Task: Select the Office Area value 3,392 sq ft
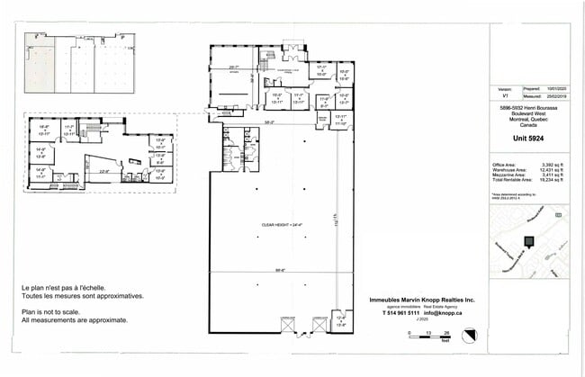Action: coord(546,165)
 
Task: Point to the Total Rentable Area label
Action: coord(509,181)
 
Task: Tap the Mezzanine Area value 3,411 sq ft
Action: coord(546,175)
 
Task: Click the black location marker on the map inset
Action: coord(528,240)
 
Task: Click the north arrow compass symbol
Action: coord(469,335)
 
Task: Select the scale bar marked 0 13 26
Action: coord(427,336)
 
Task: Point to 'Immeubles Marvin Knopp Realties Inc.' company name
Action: coord(423,300)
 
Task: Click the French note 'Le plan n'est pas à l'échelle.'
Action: coord(69,288)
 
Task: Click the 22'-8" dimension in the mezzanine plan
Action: coord(103,171)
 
